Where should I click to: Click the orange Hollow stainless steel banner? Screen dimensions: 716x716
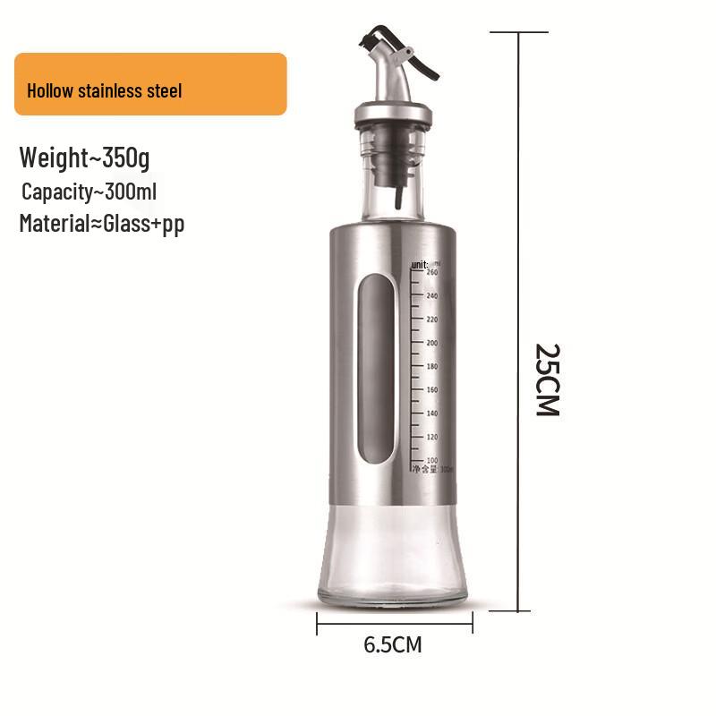pyautogui.click(x=150, y=84)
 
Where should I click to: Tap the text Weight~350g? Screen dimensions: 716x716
pyautogui.click(x=85, y=158)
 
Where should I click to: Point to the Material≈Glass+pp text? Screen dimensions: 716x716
pyautogui.click(x=101, y=224)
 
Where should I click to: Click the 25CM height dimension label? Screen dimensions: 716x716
pyautogui.click(x=547, y=379)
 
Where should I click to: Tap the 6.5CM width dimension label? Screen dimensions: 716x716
pyautogui.click(x=393, y=644)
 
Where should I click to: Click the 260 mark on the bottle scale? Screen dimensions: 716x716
pyautogui.click(x=431, y=273)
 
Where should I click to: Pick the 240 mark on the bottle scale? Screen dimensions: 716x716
pyautogui.click(x=431, y=296)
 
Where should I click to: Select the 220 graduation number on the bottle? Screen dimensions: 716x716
pyautogui.click(x=431, y=320)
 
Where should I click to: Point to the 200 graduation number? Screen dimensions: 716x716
pyautogui.click(x=431, y=343)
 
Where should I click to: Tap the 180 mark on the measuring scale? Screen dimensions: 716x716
pyautogui.click(x=431, y=366)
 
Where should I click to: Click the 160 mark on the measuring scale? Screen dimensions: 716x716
pyautogui.click(x=431, y=390)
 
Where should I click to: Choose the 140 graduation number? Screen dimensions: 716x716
pyautogui.click(x=431, y=413)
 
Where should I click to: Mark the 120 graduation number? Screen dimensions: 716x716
pyautogui.click(x=431, y=437)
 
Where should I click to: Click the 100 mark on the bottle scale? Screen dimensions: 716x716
pyautogui.click(x=431, y=460)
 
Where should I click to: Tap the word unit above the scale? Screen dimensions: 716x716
pyautogui.click(x=420, y=265)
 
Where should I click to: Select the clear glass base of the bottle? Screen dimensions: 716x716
pyautogui.click(x=394, y=555)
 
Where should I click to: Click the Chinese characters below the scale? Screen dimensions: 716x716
pyautogui.click(x=422, y=469)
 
